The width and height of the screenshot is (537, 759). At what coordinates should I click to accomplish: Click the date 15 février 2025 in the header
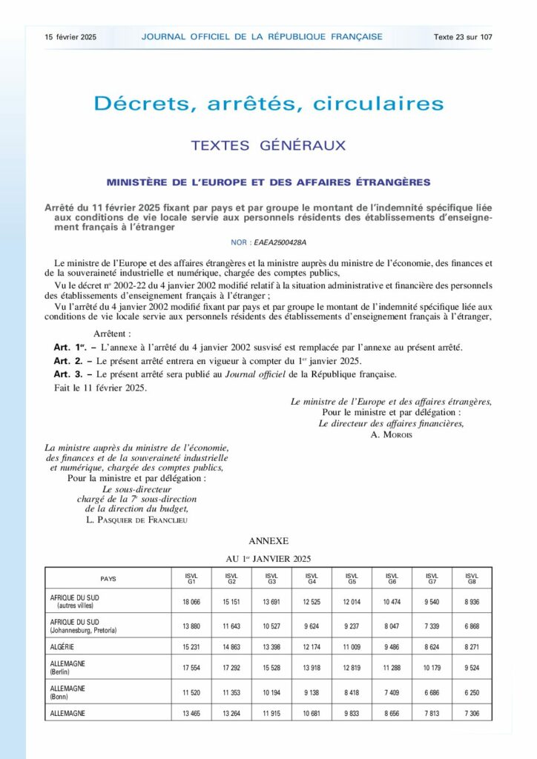(70, 36)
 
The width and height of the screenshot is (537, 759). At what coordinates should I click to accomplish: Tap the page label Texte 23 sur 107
(464, 36)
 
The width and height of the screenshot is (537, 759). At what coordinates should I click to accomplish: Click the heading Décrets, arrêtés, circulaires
(268, 103)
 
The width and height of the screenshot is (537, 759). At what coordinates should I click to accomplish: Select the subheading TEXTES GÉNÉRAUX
(268, 145)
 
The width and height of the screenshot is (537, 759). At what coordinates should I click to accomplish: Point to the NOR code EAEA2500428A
(280, 242)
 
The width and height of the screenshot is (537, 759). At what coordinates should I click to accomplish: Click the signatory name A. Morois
(391, 434)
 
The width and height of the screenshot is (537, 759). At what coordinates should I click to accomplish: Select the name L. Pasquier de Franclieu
(138, 520)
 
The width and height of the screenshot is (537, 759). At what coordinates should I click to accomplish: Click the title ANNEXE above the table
(268, 542)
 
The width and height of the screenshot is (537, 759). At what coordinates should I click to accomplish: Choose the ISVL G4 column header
(312, 578)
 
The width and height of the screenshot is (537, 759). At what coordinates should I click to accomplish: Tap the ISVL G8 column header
(470, 578)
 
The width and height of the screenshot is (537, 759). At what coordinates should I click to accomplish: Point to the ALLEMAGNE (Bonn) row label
(67, 692)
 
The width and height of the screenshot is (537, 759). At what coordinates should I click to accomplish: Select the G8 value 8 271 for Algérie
(470, 646)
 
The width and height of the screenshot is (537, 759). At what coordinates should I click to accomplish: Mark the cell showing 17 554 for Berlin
(191, 669)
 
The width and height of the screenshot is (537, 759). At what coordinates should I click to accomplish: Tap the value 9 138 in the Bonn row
(312, 692)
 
